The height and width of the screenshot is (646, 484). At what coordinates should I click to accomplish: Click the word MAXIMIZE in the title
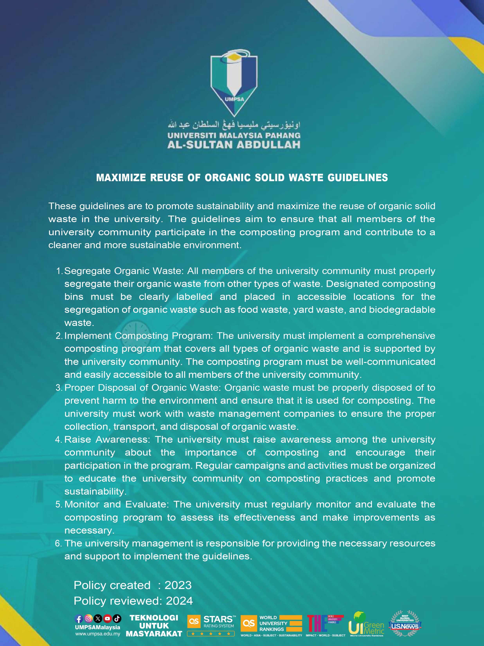[121, 178]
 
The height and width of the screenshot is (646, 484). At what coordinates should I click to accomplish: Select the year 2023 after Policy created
[178, 585]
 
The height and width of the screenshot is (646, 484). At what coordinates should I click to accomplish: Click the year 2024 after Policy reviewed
[179, 601]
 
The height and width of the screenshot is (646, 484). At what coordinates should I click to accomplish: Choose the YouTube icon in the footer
[107, 619]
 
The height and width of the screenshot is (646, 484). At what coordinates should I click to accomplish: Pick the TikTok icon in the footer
[117, 619]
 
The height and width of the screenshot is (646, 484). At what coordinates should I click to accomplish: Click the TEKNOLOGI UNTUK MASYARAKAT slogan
[154, 626]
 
